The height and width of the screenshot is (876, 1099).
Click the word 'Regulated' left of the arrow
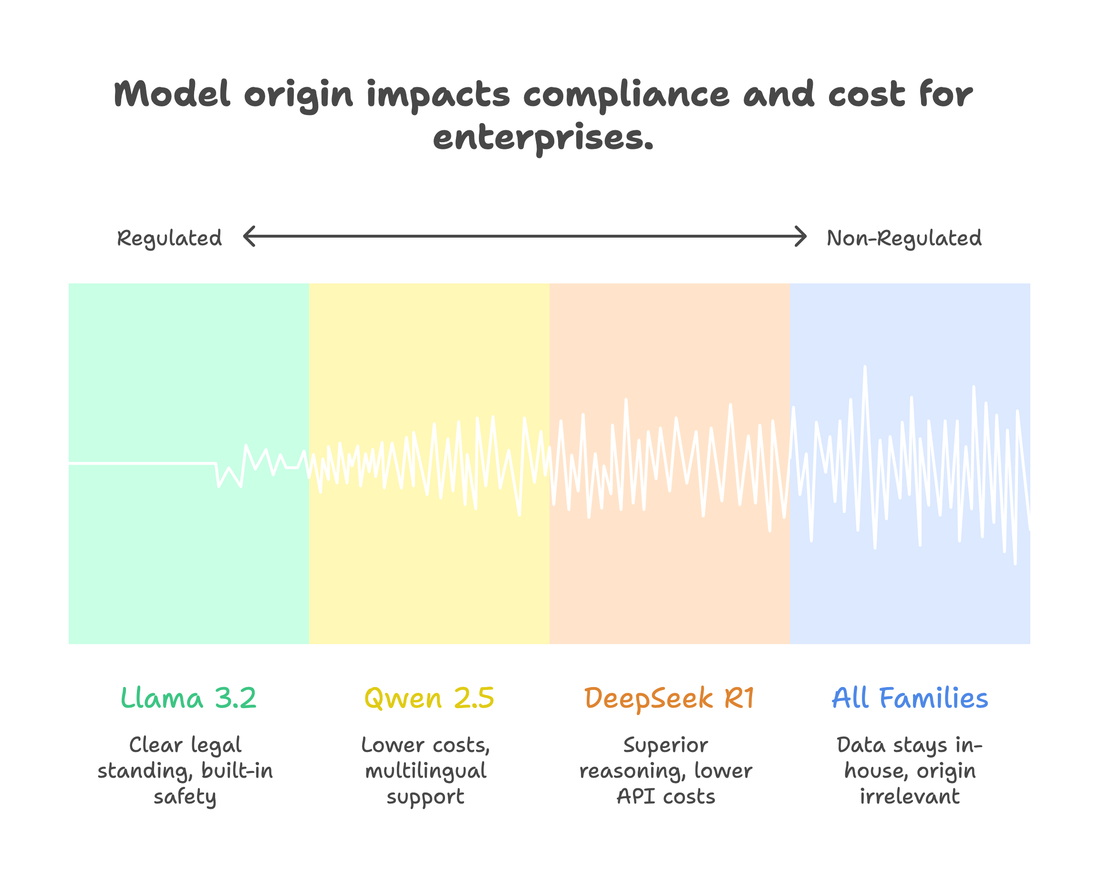(169, 238)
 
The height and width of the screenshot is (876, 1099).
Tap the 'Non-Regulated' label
(904, 238)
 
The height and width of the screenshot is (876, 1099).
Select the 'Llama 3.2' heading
(188, 698)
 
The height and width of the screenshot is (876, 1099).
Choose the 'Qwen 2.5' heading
(429, 698)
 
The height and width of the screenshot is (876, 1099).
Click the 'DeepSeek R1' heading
(669, 698)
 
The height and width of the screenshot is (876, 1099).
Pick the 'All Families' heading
(910, 698)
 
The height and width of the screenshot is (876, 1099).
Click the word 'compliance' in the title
(626, 95)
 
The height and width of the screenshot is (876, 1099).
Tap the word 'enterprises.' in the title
(543, 138)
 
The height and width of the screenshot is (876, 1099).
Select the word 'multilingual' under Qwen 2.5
(426, 772)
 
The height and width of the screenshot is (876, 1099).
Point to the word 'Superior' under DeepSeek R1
(666, 745)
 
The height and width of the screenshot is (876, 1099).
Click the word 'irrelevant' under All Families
(910, 796)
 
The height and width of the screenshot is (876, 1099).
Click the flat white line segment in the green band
(143, 463)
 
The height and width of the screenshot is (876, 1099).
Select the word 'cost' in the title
(867, 95)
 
